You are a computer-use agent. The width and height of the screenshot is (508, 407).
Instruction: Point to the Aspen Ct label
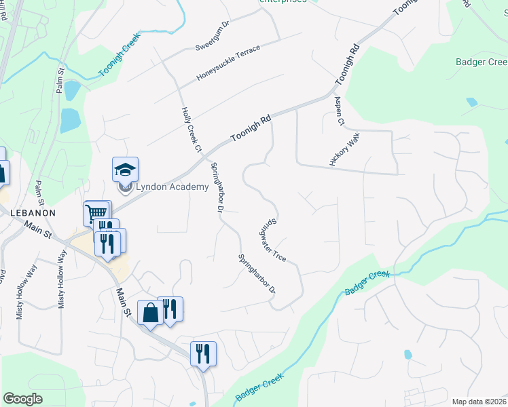click(x=340, y=110)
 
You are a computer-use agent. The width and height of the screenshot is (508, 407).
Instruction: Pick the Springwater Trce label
click(x=272, y=239)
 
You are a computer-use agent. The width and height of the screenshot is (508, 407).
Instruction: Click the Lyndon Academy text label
click(x=173, y=187)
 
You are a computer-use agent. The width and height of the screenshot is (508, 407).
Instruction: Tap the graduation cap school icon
click(x=125, y=169)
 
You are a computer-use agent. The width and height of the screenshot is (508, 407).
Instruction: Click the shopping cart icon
click(x=96, y=213)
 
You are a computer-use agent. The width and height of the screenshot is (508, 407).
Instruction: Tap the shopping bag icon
click(x=150, y=312)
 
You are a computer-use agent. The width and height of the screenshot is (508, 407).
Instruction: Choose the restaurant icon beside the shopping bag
click(x=170, y=309)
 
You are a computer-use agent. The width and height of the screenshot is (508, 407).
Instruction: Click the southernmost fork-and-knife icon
click(x=203, y=353)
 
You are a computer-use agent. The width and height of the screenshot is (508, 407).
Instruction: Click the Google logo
click(x=22, y=399)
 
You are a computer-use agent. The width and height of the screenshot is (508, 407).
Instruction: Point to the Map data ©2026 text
click(x=479, y=402)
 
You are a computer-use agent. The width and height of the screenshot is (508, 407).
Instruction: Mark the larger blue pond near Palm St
click(x=70, y=120)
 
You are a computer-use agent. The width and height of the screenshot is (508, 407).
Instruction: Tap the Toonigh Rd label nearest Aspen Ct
click(x=346, y=64)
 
